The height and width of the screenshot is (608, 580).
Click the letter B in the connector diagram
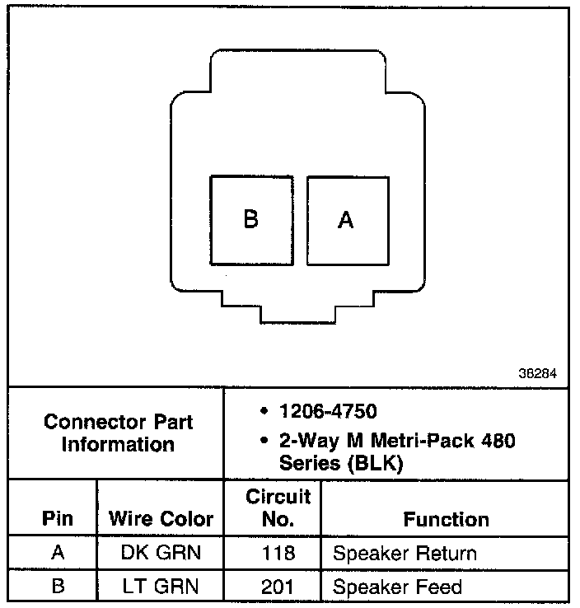(251, 220)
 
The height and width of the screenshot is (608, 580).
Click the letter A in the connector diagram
(347, 220)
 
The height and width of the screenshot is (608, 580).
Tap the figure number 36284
(537, 373)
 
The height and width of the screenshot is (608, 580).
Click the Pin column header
(57, 519)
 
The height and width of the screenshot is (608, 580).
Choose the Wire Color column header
(161, 519)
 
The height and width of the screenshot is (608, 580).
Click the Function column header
(446, 519)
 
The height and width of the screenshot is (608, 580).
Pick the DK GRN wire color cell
(161, 553)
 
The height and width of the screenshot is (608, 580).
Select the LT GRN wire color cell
(161, 587)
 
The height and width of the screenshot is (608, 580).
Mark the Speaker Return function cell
(405, 553)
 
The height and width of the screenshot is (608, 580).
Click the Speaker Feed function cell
(397, 587)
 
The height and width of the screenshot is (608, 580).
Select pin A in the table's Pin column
(57, 553)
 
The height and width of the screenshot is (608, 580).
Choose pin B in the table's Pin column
(57, 587)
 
